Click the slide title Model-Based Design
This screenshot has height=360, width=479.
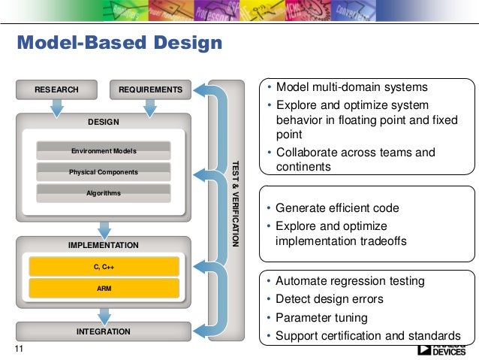point(120,44)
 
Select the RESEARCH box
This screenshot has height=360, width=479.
point(56,90)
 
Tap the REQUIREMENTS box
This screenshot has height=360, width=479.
point(150,90)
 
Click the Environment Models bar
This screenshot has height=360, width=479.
point(104,151)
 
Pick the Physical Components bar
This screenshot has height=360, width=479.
point(104,172)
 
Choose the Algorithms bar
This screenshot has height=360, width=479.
point(104,193)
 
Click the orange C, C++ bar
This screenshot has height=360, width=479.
point(104,266)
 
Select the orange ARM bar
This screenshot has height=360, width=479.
point(104,288)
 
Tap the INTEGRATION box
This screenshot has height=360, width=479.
point(104,331)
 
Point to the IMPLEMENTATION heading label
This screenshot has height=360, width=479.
point(104,245)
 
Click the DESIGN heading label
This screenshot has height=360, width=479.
point(104,121)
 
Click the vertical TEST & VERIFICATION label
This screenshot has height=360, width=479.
point(234,203)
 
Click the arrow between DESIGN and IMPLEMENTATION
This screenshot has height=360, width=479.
point(104,228)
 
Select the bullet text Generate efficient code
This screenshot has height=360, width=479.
point(337,208)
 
